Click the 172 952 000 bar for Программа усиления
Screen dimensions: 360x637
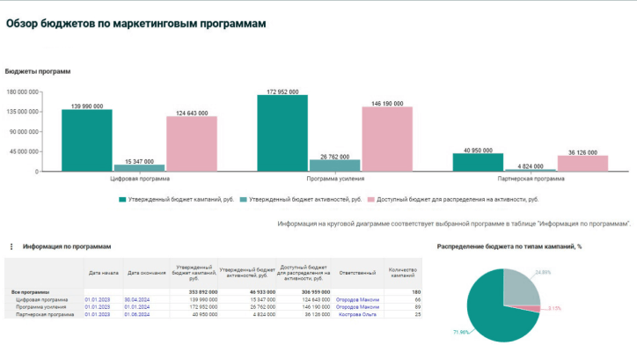tap(282, 133)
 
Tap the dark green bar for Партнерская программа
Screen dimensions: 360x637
tap(478, 162)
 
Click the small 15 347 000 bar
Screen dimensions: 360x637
tap(139, 167)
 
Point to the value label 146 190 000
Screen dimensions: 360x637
tap(387, 103)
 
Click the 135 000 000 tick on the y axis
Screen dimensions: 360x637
tap(22, 112)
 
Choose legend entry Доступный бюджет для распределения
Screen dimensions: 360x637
tap(457, 200)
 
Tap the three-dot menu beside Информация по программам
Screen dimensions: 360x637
tap(10, 247)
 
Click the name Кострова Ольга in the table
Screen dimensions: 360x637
tap(357, 313)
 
